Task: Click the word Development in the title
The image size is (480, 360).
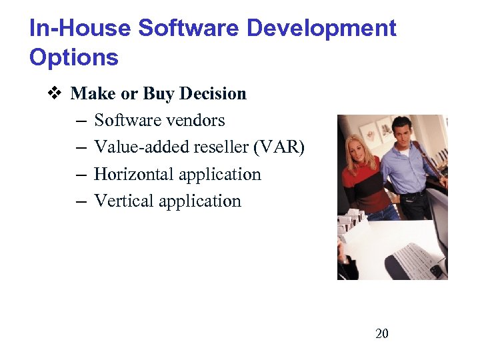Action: tap(321, 29)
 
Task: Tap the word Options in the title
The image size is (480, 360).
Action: tap(73, 58)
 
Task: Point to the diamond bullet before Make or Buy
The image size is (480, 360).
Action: tap(55, 93)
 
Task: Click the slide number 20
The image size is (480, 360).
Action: tap(382, 333)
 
